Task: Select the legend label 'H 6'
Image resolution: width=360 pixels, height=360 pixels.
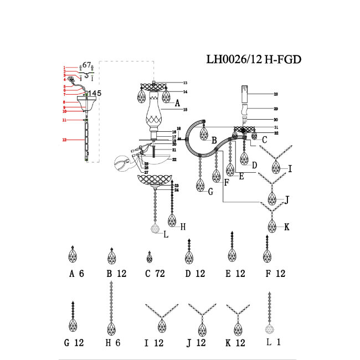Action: coord(114,343)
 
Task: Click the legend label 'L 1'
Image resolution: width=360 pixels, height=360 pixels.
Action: coord(274,343)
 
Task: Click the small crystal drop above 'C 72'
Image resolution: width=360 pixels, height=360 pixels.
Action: coord(149,258)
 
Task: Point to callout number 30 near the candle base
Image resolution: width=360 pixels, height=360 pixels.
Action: coord(275,120)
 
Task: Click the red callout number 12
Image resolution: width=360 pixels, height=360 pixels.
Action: coord(64,141)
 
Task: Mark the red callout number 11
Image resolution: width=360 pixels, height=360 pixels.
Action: coord(64,120)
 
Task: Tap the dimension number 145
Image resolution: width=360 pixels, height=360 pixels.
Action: coord(95,93)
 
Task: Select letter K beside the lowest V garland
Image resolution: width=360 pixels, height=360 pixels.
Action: coord(286,227)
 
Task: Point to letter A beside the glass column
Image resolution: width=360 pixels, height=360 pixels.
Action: coord(177,103)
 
